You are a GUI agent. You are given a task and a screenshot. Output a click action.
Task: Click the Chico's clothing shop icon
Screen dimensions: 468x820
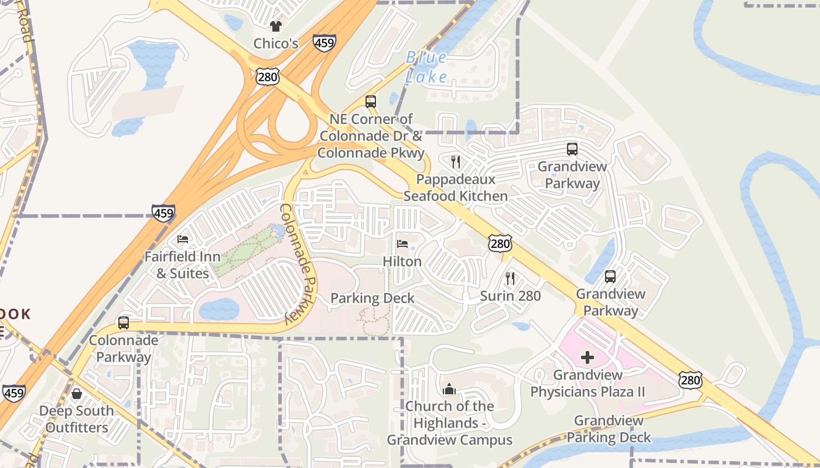pyautogui.click(x=275, y=26)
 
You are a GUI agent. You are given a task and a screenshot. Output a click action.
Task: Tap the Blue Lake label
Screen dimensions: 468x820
pyautogui.click(x=426, y=67)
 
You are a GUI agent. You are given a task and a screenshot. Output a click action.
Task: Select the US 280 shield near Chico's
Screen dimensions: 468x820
pyautogui.click(x=267, y=75)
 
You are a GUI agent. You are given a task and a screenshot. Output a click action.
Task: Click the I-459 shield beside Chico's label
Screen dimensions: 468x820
pyautogui.click(x=324, y=43)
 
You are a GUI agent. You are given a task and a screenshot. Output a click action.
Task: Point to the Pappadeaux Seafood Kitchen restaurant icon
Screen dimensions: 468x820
pyautogui.click(x=456, y=162)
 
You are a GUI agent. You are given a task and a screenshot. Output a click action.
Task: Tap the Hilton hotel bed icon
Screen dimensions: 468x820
pyautogui.click(x=402, y=244)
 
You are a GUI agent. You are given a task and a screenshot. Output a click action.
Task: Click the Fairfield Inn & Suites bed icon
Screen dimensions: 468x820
pyautogui.click(x=183, y=239)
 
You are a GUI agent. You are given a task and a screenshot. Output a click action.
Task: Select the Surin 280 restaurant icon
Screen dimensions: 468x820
pyautogui.click(x=510, y=278)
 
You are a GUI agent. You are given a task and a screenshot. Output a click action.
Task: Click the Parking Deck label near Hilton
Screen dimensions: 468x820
pyautogui.click(x=373, y=298)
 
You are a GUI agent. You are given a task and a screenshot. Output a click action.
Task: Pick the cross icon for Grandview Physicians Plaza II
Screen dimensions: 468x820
pyautogui.click(x=587, y=357)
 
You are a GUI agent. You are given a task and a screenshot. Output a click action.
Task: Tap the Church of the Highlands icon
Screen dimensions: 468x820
pyautogui.click(x=449, y=389)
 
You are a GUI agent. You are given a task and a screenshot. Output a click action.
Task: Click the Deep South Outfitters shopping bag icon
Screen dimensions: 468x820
pyautogui.click(x=77, y=394)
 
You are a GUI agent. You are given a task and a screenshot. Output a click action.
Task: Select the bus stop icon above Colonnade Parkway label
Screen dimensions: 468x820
pyautogui.click(x=124, y=323)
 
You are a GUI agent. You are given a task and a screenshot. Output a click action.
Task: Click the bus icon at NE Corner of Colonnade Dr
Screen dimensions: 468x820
pyautogui.click(x=371, y=102)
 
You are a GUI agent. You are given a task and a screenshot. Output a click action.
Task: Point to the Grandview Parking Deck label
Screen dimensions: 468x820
pyautogui.click(x=609, y=429)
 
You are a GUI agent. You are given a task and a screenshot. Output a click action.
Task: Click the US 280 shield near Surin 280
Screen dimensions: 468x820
pyautogui.click(x=500, y=243)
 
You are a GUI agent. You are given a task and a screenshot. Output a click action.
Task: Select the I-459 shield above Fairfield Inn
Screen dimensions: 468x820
pyautogui.click(x=163, y=213)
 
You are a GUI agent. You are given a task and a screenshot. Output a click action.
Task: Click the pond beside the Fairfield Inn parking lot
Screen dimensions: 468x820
pyautogui.click(x=219, y=309)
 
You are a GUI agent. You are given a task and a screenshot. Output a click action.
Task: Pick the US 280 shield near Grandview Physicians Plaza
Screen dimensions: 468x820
pyautogui.click(x=691, y=380)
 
